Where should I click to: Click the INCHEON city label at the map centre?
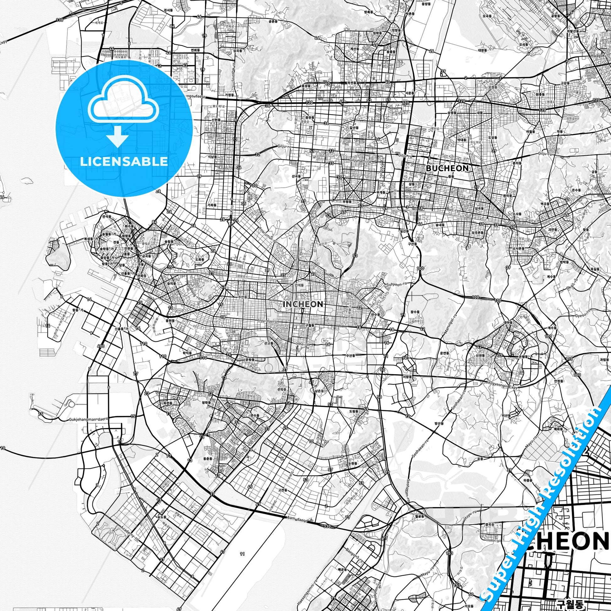click(x=303, y=304)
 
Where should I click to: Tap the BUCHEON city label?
click(x=447, y=168)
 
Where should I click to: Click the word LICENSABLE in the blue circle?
click(x=124, y=162)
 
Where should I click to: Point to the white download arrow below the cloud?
click(x=117, y=136)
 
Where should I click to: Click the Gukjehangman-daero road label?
click(x=88, y=420)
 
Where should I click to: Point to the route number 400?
click(x=101, y=346)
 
